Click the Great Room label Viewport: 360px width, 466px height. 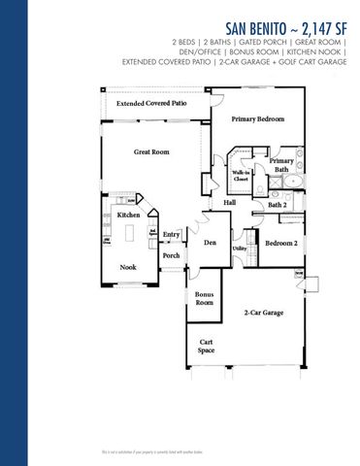tap(151, 152)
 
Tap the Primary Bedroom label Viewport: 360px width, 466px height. tap(259, 118)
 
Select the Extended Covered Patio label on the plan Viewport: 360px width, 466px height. tap(152, 103)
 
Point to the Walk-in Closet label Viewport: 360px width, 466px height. tap(242, 177)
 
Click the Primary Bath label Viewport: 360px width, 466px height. tap(281, 165)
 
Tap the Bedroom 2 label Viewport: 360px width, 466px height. tap(281, 243)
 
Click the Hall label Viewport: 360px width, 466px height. tap(231, 202)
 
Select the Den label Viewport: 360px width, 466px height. tap(209, 241)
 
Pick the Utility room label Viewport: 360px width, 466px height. tap(239, 249)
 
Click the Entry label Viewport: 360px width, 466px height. tap(172, 234)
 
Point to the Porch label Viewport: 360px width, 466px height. tap(172, 255)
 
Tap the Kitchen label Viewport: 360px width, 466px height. tap(129, 215)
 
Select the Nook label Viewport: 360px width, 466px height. tap(128, 266)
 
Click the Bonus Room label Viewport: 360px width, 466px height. tap(204, 298)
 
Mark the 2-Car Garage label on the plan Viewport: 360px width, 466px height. tap(263, 313)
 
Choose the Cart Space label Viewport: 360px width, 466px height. tap(206, 347)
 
